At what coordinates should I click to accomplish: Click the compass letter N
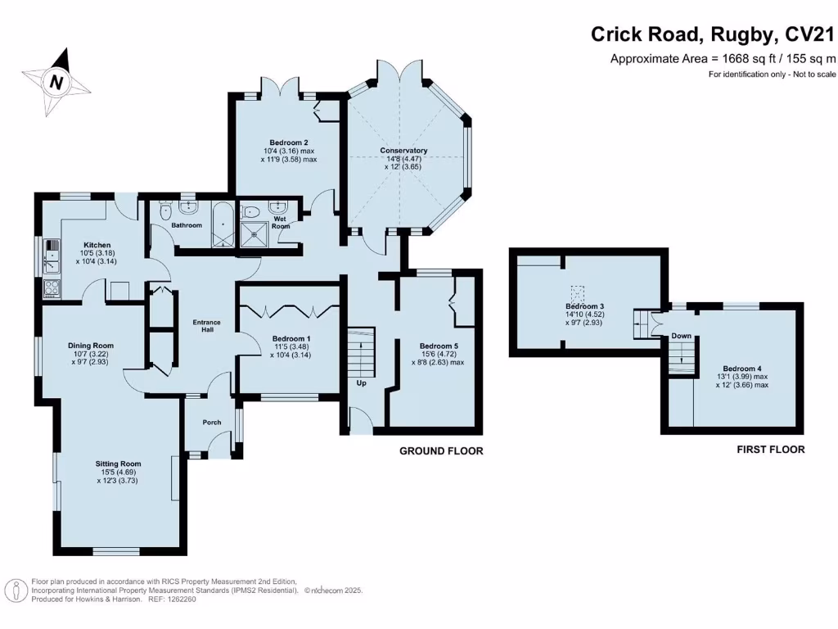pyautogui.click(x=56, y=83)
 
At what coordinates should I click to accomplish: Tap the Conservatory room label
pyautogui.click(x=403, y=151)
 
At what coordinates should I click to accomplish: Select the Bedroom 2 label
pyautogui.click(x=289, y=143)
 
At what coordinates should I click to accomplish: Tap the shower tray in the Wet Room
pyautogui.click(x=255, y=235)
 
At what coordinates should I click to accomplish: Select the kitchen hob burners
pyautogui.click(x=52, y=287)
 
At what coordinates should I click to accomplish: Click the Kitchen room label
pyautogui.click(x=97, y=245)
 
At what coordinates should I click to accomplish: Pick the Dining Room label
pyautogui.click(x=91, y=346)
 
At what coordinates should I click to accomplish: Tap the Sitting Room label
pyautogui.click(x=118, y=464)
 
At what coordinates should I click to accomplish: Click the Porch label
pyautogui.click(x=212, y=423)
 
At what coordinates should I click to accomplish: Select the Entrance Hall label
pyautogui.click(x=207, y=326)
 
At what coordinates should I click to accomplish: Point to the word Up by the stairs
pyautogui.click(x=361, y=383)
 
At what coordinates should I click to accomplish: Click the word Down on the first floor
pyautogui.click(x=682, y=336)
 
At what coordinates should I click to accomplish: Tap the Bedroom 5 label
pyautogui.click(x=439, y=346)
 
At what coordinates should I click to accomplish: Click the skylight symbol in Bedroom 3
pyautogui.click(x=577, y=293)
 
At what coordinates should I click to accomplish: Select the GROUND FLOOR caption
pyautogui.click(x=441, y=451)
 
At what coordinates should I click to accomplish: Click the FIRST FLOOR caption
pyautogui.click(x=771, y=450)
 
